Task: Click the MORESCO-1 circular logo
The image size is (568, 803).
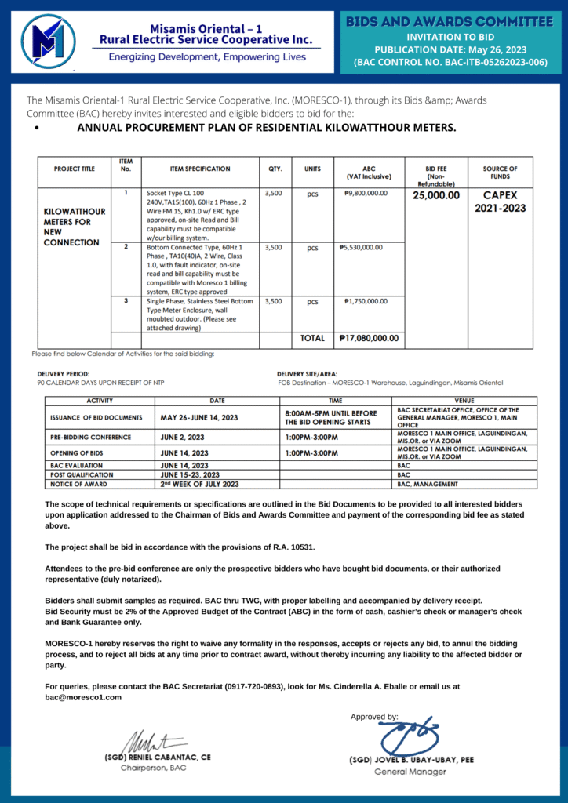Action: [49, 42]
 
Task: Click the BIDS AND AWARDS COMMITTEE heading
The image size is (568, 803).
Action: [450, 21]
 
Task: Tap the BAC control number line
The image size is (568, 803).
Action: [450, 62]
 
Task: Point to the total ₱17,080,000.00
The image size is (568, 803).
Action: [369, 339]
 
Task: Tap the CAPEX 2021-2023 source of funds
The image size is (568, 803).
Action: [500, 202]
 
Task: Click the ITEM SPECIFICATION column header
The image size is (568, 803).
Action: [200, 169]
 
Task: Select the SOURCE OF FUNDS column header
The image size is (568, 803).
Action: [500, 173]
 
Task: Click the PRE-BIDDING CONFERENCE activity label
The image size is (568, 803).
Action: [90, 437]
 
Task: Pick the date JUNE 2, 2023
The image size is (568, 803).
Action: [183, 437]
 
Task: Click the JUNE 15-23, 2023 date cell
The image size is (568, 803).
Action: [190, 474]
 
